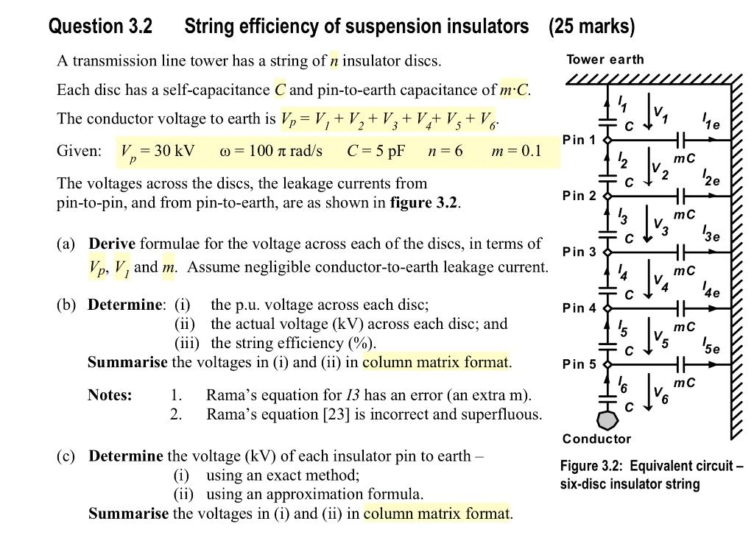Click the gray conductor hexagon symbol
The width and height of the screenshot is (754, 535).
point(608,420)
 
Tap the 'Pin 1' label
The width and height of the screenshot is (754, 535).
point(579,140)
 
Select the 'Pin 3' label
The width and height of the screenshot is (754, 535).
point(579,252)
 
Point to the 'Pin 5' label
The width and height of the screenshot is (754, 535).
point(579,364)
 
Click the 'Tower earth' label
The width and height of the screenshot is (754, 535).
point(605,60)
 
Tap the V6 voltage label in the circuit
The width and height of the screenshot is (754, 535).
point(660,397)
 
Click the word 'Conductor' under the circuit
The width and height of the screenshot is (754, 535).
point(596,439)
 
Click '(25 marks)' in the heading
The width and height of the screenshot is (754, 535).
point(591,26)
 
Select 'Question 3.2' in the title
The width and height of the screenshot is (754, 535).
point(100,26)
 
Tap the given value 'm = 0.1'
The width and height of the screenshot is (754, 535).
point(516,151)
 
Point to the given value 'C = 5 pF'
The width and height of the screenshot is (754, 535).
point(376,151)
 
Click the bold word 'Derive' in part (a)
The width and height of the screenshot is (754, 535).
point(112,244)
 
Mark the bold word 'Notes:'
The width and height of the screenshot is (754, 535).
point(110,395)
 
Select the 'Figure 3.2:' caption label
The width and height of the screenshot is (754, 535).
point(591,466)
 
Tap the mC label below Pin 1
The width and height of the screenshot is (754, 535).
point(684,158)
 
